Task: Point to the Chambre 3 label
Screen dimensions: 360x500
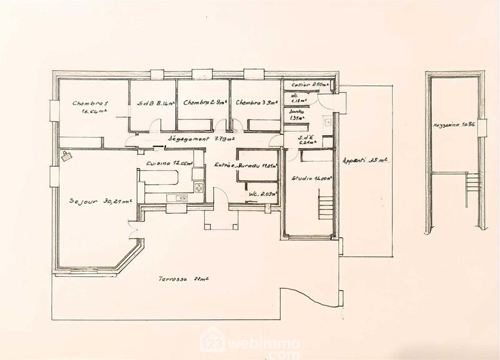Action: [x=255, y=103]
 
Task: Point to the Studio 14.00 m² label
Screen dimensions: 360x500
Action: [x=311, y=179]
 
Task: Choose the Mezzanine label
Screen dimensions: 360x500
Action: [x=453, y=126]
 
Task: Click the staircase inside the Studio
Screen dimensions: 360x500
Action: [x=324, y=206]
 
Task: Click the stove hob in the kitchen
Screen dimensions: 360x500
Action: [x=199, y=187]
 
